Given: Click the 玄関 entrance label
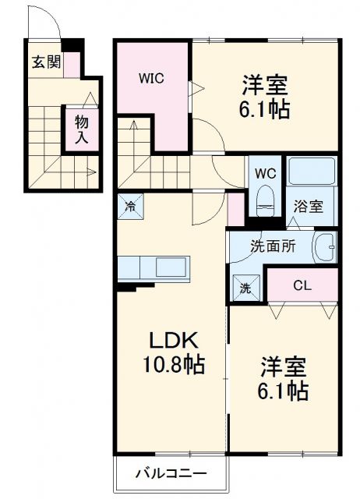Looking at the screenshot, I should pos(46,62).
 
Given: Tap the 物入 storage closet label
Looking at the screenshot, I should pos(80,129).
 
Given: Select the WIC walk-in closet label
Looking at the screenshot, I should pos(152,78).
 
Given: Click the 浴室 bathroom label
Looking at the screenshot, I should pos(308,207).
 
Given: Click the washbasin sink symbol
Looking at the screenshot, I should pos(325,247).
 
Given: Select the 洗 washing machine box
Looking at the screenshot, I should pos(245,287).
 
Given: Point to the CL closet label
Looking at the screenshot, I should pos(302,285).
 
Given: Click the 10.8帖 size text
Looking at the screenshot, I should pos(173,365).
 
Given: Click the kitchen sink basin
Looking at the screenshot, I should pos(171,267).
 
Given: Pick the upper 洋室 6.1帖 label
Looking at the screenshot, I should pos(265,95).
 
